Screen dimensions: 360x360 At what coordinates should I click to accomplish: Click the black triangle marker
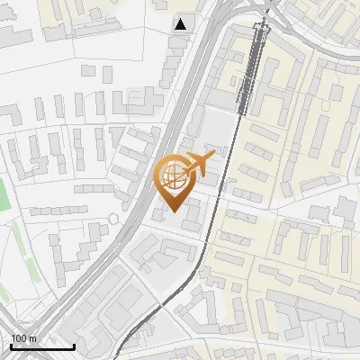182,24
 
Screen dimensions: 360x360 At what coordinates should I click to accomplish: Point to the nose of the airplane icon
214,157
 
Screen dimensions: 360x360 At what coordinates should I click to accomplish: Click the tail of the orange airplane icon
184,167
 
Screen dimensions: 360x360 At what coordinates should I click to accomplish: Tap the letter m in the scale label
32,338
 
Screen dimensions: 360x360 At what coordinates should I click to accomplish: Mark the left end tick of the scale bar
11,346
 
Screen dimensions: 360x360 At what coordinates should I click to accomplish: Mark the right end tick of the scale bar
74,346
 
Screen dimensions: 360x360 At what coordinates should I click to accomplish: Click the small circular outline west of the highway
113,219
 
